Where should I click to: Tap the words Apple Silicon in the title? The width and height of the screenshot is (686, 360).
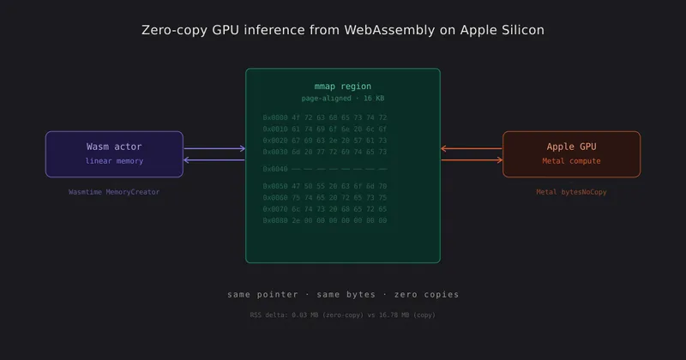(502, 30)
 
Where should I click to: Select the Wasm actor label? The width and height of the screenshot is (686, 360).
(114, 147)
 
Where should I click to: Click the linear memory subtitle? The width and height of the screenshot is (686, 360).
(114, 161)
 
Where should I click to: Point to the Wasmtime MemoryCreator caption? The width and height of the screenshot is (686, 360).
(114, 192)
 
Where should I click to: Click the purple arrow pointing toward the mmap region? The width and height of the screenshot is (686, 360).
(214, 149)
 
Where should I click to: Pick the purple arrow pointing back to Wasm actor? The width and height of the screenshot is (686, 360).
(214, 160)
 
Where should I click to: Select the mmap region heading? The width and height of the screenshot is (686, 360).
(343, 87)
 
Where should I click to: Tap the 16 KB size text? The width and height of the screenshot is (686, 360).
(375, 99)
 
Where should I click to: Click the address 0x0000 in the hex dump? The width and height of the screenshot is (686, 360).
(276, 117)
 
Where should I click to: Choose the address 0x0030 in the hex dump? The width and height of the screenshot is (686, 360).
(276, 152)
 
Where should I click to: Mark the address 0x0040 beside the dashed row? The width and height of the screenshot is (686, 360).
(276, 169)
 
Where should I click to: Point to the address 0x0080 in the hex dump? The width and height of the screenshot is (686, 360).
(276, 220)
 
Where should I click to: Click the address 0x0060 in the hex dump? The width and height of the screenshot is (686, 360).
(276, 197)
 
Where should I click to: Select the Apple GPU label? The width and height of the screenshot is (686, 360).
(571, 147)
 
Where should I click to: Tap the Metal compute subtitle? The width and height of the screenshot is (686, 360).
(571, 161)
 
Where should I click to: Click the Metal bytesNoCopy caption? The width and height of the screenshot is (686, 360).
(571, 192)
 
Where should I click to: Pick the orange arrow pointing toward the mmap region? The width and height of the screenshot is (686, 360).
(471, 149)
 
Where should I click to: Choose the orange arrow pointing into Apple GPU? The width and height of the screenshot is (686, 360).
(471, 160)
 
